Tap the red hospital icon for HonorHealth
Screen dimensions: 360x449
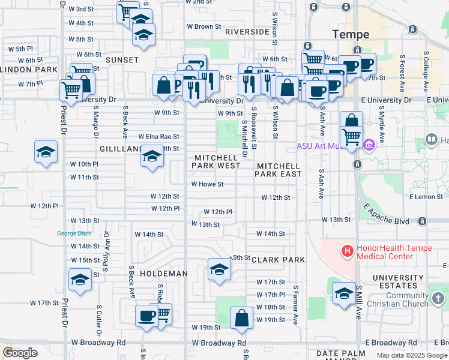click(346, 250)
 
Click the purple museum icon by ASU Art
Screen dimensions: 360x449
click(369, 144)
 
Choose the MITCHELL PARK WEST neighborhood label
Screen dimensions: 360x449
click(217, 161)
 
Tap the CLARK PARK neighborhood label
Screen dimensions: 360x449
click(278, 260)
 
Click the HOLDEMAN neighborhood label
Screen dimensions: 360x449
click(163, 274)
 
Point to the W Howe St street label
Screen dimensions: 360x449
click(207, 184)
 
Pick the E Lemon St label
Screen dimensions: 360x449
click(427, 197)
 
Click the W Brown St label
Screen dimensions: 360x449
click(204, 27)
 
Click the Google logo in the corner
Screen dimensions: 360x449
click(20, 352)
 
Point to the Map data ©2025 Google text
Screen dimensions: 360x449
click(411, 355)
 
